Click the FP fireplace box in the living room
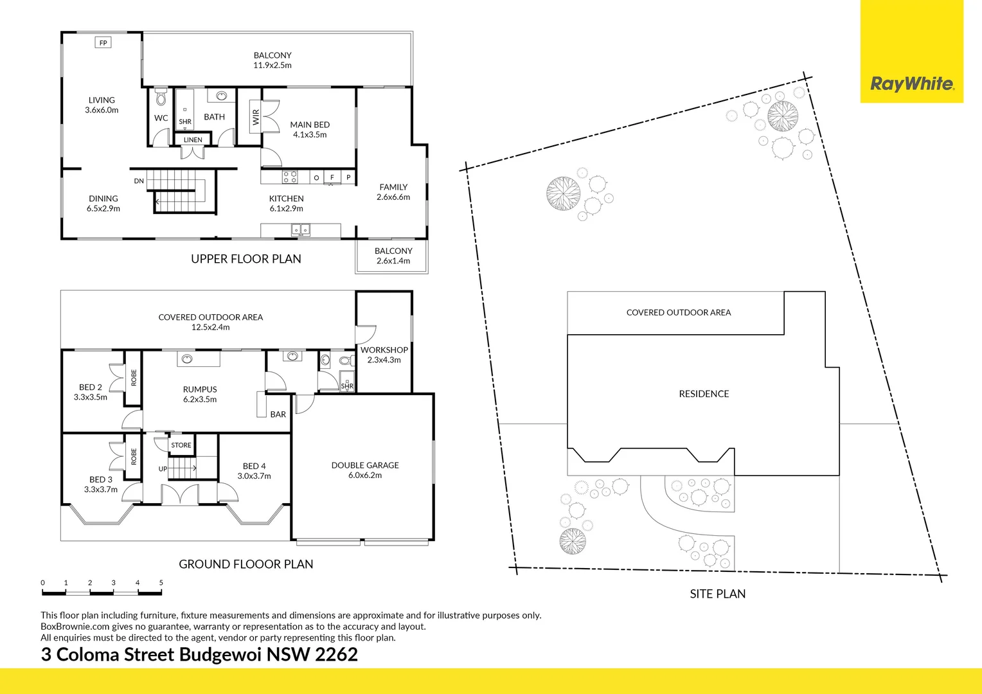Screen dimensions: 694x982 (103, 43)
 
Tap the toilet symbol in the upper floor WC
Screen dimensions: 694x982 (161, 98)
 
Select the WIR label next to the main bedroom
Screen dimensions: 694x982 (256, 116)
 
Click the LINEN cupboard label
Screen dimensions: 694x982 (193, 139)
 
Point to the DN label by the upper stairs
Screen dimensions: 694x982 (139, 181)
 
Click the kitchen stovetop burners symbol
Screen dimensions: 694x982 (290, 176)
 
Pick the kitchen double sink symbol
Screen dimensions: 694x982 (300, 229)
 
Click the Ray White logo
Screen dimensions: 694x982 (911, 84)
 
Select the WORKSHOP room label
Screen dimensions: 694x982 (384, 350)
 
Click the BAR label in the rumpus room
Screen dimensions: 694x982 (278, 414)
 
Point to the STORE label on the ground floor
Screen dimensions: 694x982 (181, 445)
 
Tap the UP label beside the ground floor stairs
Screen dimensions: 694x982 (163, 469)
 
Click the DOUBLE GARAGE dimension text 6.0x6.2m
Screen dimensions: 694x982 (365, 476)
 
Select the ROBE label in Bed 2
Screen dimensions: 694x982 (134, 377)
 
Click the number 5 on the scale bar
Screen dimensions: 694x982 (161, 583)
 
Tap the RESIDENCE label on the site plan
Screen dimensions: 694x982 (704, 394)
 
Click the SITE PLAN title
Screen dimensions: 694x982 (717, 594)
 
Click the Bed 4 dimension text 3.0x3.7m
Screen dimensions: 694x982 (254, 476)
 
